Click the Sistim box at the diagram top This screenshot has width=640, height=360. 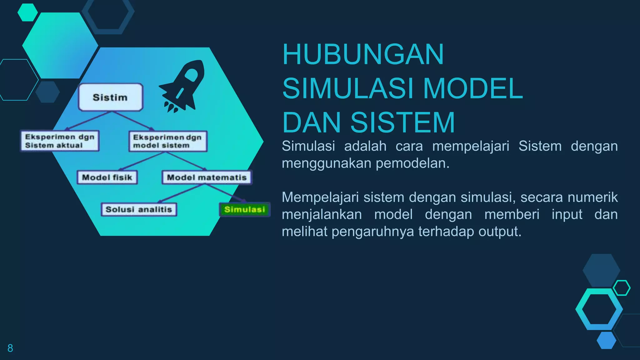point(110,97)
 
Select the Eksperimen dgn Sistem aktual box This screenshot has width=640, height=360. point(60,141)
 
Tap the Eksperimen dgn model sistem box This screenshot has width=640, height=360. point(168,141)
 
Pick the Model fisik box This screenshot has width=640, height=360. point(107,177)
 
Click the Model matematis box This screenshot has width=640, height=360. point(207,177)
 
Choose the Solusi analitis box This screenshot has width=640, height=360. point(139,209)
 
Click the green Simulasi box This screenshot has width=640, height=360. point(244,209)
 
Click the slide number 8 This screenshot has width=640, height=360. point(10,348)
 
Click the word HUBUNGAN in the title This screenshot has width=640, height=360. point(362,54)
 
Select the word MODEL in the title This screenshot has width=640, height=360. point(472,89)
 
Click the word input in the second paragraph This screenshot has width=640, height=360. point(567,214)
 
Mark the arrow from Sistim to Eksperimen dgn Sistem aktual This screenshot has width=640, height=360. point(87,121)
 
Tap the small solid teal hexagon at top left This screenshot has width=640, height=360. point(27,12)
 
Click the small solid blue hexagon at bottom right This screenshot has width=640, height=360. point(606,340)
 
